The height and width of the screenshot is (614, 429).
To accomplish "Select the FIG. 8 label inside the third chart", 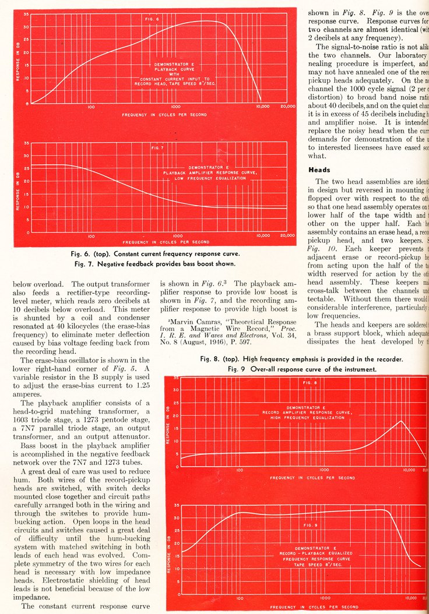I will (x=310, y=383).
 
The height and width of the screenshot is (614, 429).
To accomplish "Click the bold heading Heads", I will (x=319, y=170).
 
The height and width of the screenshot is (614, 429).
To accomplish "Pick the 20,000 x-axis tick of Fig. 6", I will (x=287, y=107).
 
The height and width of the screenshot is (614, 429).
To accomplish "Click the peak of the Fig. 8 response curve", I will (x=401, y=421).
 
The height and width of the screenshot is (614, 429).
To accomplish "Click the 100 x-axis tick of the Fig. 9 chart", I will (x=240, y=598).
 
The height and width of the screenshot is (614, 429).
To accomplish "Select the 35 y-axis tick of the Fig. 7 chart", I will (x=26, y=143).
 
